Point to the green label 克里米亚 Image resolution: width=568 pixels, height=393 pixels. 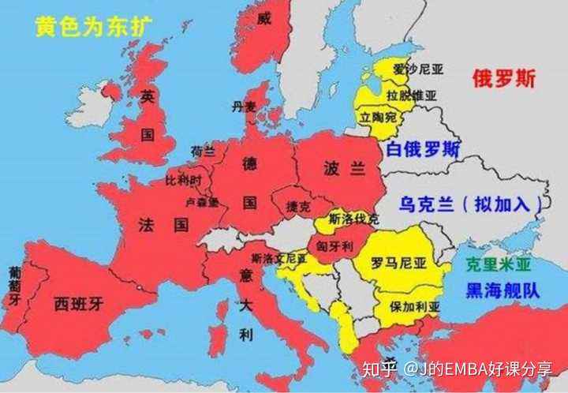498,265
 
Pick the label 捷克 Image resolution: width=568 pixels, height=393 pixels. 298,207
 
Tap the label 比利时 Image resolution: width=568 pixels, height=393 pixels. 184,181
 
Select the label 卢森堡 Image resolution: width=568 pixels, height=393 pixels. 203,203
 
